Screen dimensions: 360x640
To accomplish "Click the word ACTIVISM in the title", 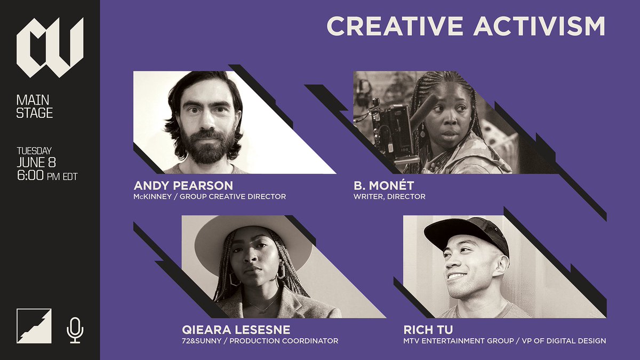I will tap(539, 27).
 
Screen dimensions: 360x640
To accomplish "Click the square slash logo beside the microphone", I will tap(34, 326).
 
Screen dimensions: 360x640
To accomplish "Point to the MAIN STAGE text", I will tap(35, 106).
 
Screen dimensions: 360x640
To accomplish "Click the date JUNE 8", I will tap(36, 162).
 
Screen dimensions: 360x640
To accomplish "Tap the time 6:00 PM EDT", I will tap(47, 175).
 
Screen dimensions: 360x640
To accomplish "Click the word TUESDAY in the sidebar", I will tap(34, 151).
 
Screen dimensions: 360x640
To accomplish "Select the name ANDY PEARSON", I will tap(183, 186).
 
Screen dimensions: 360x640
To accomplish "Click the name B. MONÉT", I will tap(383, 186).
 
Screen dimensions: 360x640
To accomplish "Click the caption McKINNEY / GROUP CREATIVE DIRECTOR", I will tap(210, 196).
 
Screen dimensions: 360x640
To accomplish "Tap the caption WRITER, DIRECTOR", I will tap(389, 196).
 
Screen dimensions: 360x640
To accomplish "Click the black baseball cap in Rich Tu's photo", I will tap(466, 233).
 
